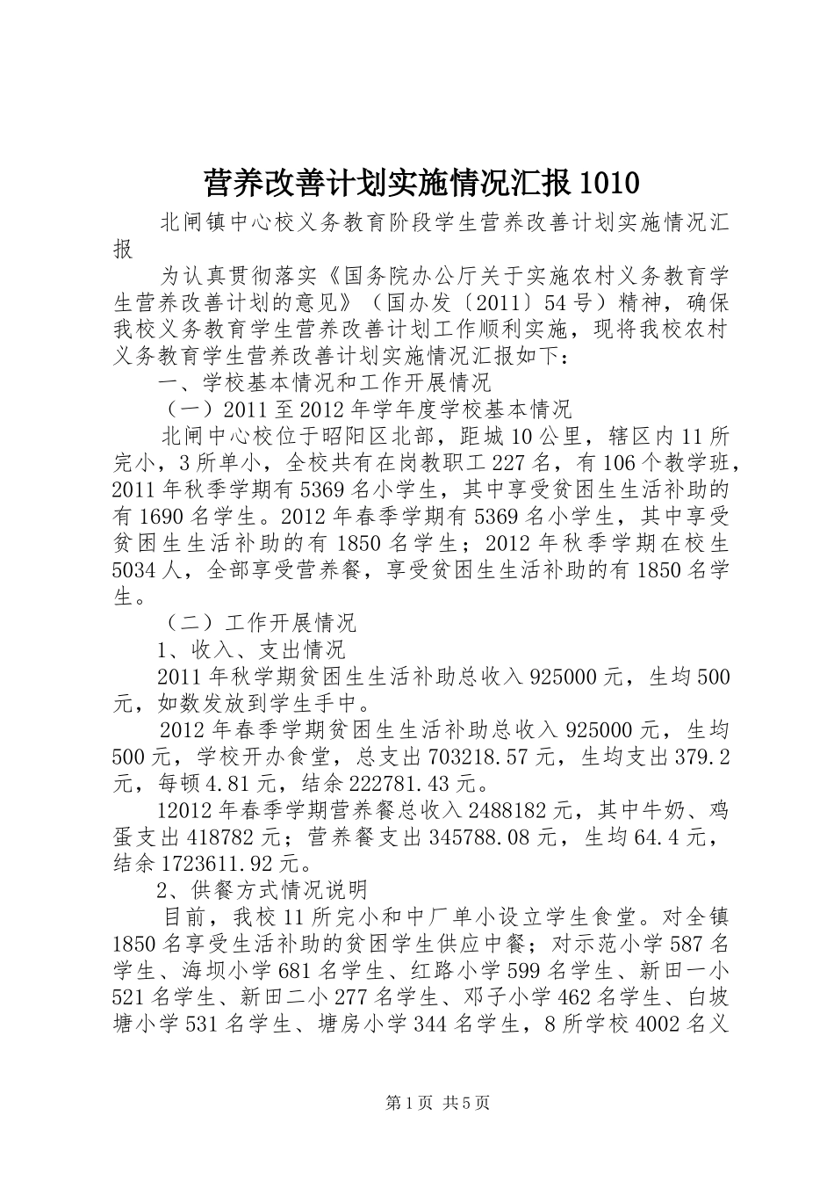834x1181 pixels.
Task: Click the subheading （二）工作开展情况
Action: click(x=260, y=623)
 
